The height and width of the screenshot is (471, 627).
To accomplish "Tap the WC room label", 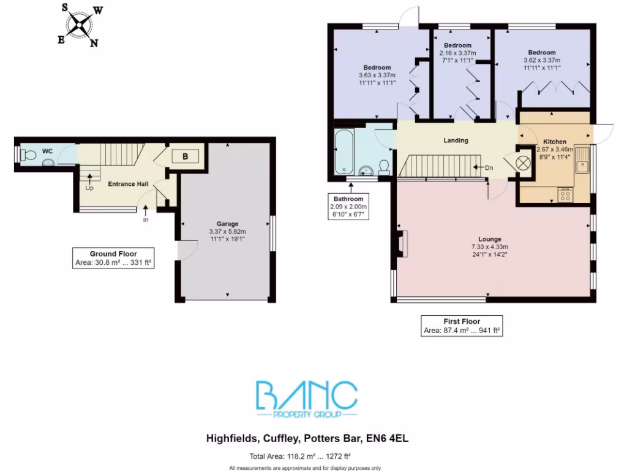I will pyautogui.click(x=47, y=150).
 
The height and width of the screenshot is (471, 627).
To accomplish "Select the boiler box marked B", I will pyautogui.click(x=185, y=157).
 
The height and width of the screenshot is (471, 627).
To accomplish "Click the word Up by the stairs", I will pyautogui.click(x=90, y=188).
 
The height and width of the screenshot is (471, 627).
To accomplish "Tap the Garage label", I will pyautogui.click(x=227, y=224).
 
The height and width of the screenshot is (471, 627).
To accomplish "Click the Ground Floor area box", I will pyautogui.click(x=113, y=258).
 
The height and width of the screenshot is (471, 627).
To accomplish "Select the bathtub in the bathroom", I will pyautogui.click(x=342, y=152).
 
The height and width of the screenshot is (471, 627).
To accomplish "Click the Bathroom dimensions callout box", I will pyautogui.click(x=347, y=207).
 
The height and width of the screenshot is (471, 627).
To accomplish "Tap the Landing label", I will pyautogui.click(x=456, y=140).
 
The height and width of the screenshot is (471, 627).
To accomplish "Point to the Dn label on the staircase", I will pyautogui.click(x=489, y=167).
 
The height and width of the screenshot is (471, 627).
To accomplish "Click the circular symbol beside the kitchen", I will pyautogui.click(x=524, y=164).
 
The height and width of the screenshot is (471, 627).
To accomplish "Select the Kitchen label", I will pyautogui.click(x=555, y=142).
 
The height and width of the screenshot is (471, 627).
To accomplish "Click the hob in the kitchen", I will pyautogui.click(x=565, y=196).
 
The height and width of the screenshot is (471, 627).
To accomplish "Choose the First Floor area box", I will pyautogui.click(x=461, y=326).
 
